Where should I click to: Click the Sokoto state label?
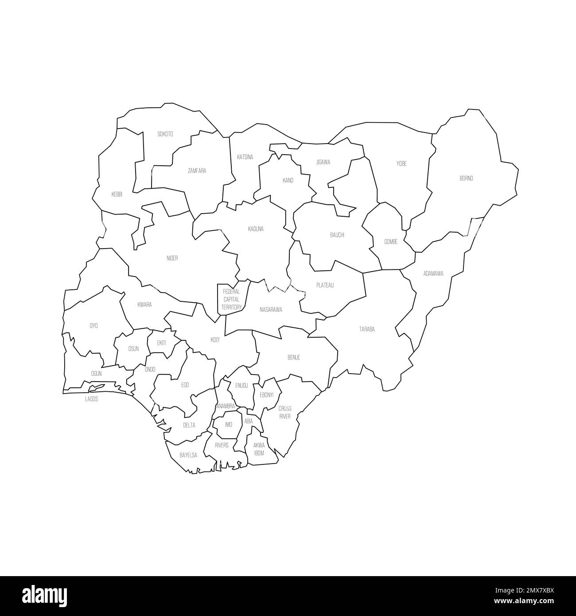point(165,134)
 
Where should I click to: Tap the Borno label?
point(466,179)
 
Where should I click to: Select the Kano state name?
point(288,180)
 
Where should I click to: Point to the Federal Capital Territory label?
point(232,299)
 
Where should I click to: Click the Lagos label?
point(91,399)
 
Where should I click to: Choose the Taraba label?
point(367,329)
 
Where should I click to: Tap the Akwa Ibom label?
point(259,449)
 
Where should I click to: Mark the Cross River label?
point(285,413)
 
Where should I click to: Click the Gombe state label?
point(391,242)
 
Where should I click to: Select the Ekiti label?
point(161,343)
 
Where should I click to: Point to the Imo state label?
point(229,425)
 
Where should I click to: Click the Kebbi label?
point(117,194)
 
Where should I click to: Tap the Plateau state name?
point(325,285)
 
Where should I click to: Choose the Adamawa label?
point(433,273)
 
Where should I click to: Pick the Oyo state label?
point(94,326)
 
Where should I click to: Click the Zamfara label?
point(197,171)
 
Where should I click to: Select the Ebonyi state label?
point(267,394)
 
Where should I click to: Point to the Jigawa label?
point(323,162)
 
